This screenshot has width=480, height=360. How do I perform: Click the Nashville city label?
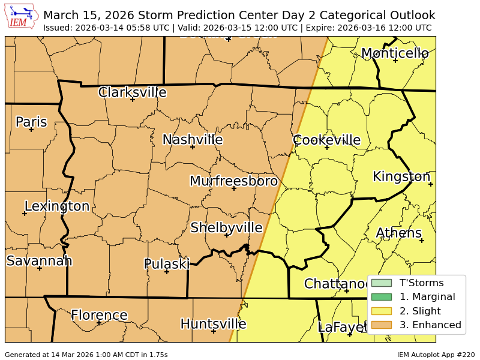[193, 140]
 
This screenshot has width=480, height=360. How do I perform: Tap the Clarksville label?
[132, 92]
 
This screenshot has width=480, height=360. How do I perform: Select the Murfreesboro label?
[233, 181]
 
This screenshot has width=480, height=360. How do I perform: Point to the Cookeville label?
[326, 140]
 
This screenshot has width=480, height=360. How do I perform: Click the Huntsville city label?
[213, 324]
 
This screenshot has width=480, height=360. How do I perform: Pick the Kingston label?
[401, 176]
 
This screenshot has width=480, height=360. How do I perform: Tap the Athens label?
[398, 233]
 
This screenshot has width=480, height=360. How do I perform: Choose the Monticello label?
[394, 53]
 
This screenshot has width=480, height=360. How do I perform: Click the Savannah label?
[39, 260]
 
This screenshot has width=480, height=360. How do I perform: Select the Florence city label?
[99, 315]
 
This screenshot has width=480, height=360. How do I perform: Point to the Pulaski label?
[166, 264]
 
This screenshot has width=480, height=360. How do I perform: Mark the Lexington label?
[56, 206]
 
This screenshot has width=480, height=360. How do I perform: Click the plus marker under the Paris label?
[31, 130]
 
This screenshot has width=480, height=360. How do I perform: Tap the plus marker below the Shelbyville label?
[226, 235]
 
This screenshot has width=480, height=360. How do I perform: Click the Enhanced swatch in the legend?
[381, 325]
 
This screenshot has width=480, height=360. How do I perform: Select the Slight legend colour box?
[381, 311]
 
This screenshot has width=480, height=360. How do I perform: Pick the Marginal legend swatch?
[381, 297]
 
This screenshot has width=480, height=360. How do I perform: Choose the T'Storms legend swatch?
[381, 283]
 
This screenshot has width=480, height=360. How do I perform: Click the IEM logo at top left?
[22, 17]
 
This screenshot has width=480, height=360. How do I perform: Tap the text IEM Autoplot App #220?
[436, 355]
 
